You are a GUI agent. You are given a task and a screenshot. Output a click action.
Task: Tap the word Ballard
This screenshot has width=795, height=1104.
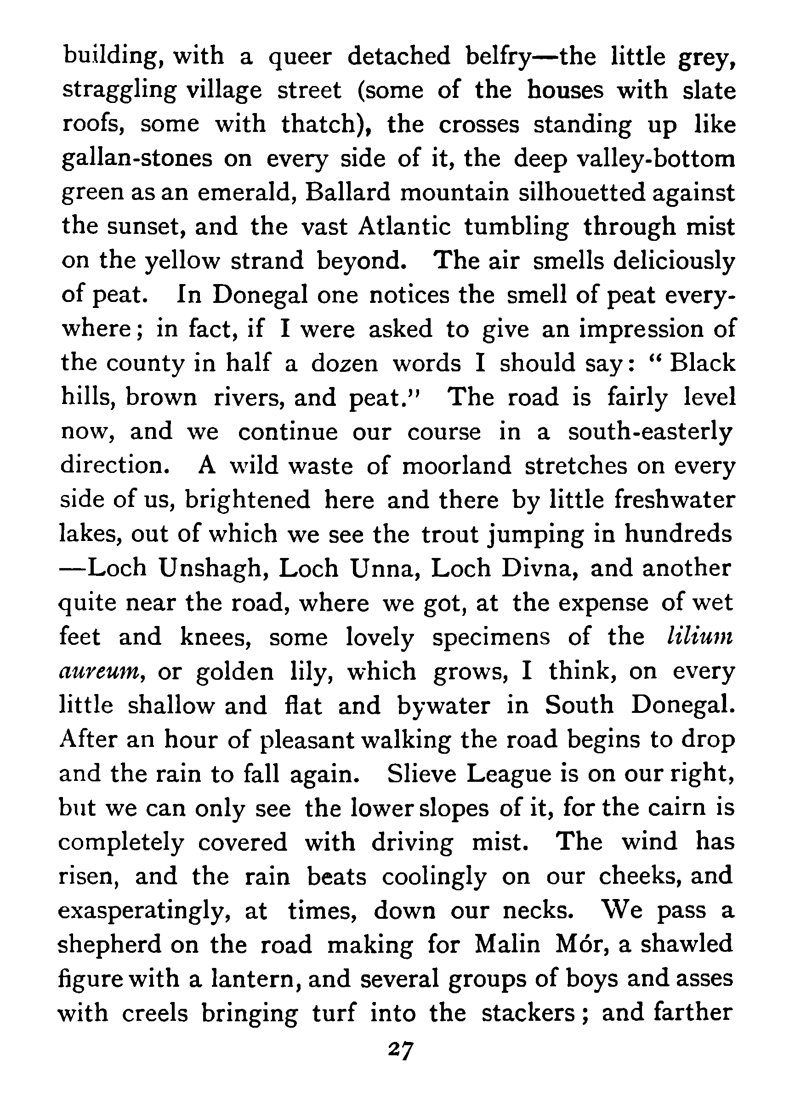pos(347,192)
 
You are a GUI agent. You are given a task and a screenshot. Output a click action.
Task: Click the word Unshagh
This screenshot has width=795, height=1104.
pos(214,569)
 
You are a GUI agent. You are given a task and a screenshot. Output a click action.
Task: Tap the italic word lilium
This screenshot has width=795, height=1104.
pos(699,636)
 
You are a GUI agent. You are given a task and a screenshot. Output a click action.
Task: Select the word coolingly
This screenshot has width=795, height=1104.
pos(434,877)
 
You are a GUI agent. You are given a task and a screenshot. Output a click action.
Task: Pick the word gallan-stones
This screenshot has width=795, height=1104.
pos(137,159)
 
